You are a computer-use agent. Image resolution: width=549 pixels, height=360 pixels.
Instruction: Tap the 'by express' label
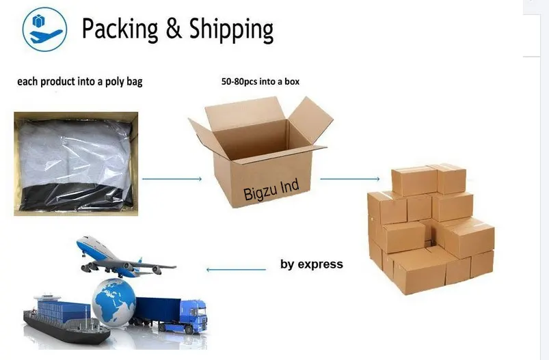pyautogui.click(x=312, y=264)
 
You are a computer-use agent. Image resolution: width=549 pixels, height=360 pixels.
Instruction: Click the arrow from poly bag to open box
pyautogui.click(x=174, y=179)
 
